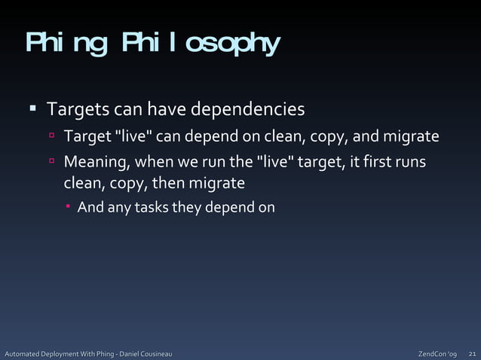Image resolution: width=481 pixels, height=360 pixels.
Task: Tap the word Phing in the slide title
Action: pos(66,45)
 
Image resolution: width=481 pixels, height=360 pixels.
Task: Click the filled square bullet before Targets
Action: pos(33,108)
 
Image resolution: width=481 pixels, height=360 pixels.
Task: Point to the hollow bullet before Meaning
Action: pos(52,162)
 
